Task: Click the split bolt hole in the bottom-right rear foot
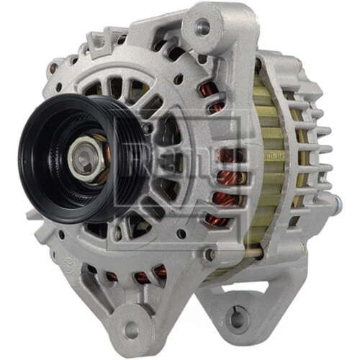[x=235, y=318]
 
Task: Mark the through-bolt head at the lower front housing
[x=209, y=254]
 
